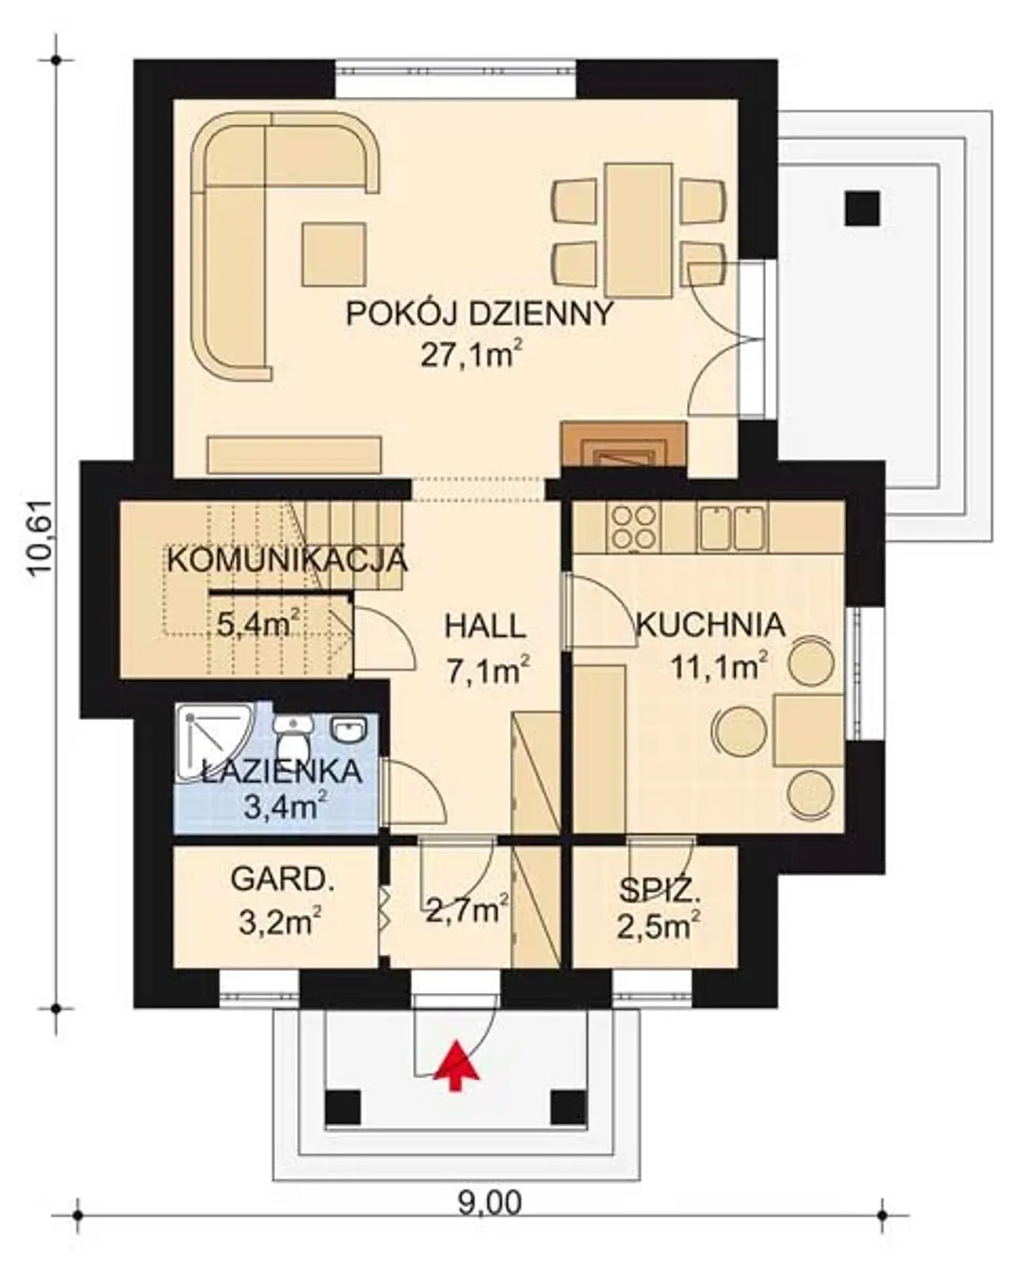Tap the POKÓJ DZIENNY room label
tap(479, 313)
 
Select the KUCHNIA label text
tap(710, 625)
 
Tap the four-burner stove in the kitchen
tap(634, 527)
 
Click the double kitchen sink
tap(732, 527)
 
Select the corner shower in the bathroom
tap(216, 741)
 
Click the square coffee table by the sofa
tap(334, 254)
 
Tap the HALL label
tap(485, 626)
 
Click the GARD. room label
tap(282, 880)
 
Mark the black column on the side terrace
tap(862, 208)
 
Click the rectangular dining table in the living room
tap(639, 230)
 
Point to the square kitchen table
tap(808, 730)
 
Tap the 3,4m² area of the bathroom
tap(286, 807)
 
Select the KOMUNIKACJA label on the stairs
tap(287, 561)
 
